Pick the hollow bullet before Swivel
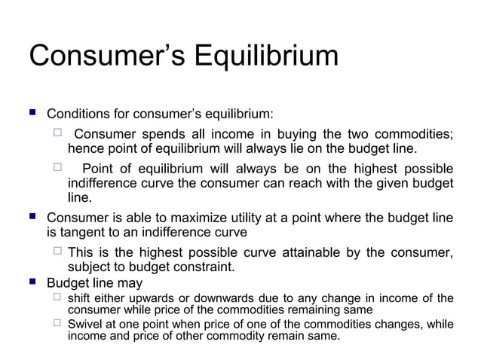point(57,323)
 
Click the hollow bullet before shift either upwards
point(57,298)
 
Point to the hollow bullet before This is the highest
point(57,252)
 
